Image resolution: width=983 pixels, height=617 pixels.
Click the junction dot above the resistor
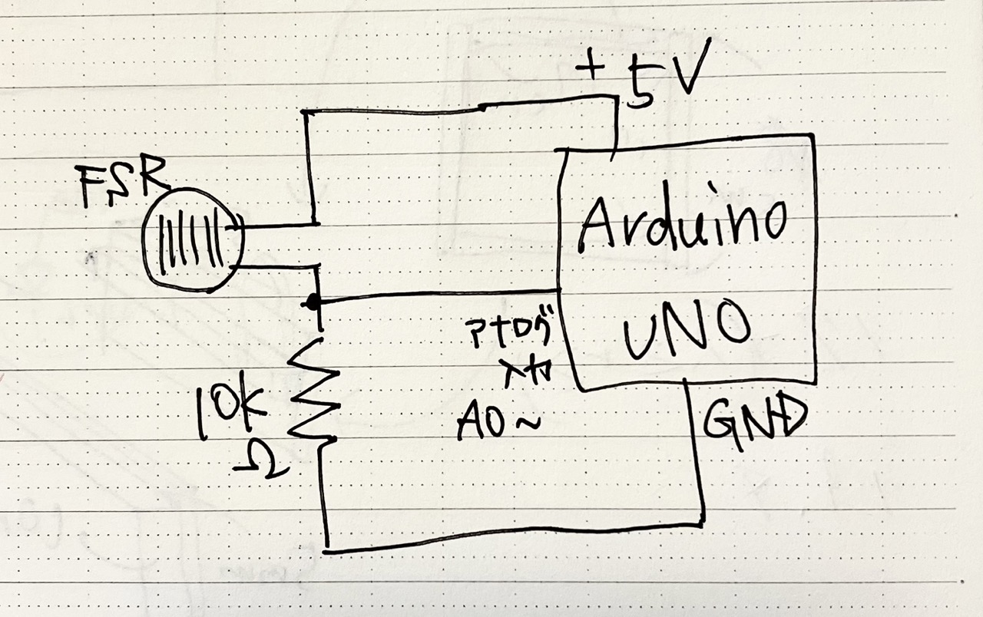point(311,302)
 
